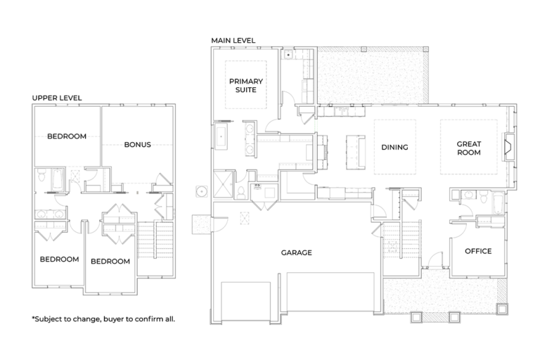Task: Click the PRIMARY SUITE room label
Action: [x=246, y=86]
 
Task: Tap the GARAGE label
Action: [x=297, y=252]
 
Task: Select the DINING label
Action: [x=394, y=148]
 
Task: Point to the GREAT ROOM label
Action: [x=469, y=148]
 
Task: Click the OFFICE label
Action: [x=478, y=251]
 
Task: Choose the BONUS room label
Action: [x=137, y=145]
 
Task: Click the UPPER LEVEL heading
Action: [x=57, y=98]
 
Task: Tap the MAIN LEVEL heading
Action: [x=233, y=40]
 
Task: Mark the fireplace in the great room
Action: [x=509, y=146]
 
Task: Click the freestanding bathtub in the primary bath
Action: [x=221, y=136]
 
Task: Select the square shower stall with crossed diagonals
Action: [x=223, y=185]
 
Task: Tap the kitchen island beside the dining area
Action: [x=355, y=153]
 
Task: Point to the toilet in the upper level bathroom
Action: [x=41, y=176]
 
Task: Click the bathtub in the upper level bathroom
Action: [x=58, y=179]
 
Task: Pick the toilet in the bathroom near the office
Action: [x=483, y=197]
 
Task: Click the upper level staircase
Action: [x=155, y=240]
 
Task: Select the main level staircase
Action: [x=401, y=240]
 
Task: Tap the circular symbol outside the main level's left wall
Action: [x=202, y=191]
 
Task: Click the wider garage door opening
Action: [x=330, y=292]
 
